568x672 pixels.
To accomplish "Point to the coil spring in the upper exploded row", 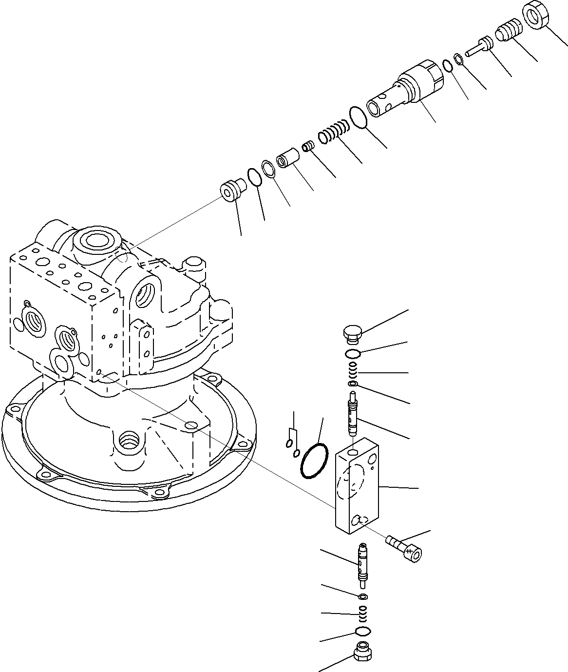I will (x=334, y=133).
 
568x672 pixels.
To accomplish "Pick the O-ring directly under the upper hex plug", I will (x=353, y=353).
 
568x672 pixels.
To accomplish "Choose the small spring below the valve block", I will (x=363, y=613).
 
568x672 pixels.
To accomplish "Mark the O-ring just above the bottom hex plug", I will (x=363, y=632).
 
